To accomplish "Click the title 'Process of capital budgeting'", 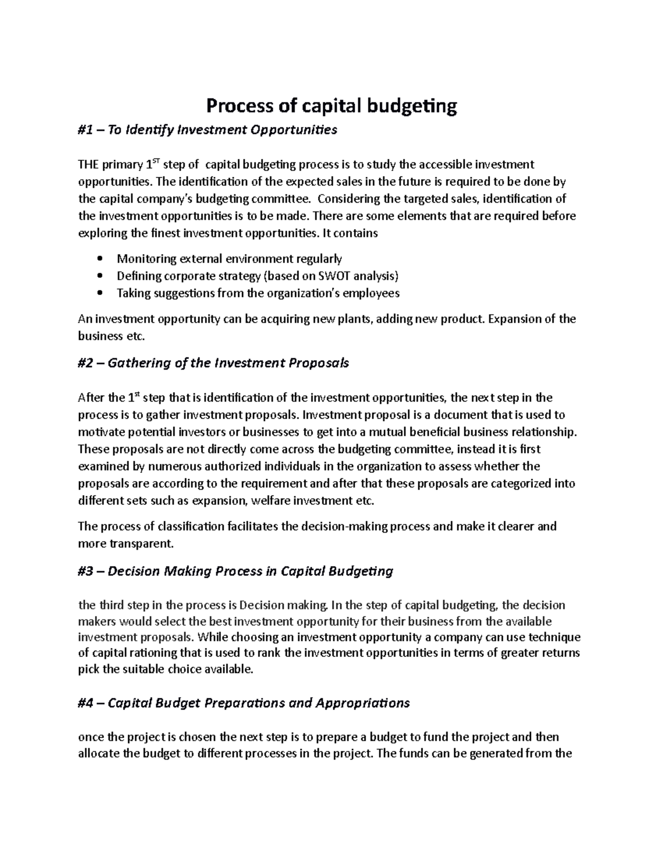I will pyautogui.click(x=331, y=106).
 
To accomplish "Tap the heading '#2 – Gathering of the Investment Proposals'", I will pyautogui.click(x=213, y=364).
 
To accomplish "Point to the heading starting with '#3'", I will pyautogui.click(x=235, y=571).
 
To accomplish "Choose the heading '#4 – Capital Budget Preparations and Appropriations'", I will pyautogui.click(x=244, y=703).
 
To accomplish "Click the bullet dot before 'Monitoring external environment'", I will pyautogui.click(x=99, y=259).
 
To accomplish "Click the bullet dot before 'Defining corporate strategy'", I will pyautogui.click(x=99, y=276).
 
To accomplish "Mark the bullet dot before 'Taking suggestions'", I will pyautogui.click(x=99, y=293).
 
